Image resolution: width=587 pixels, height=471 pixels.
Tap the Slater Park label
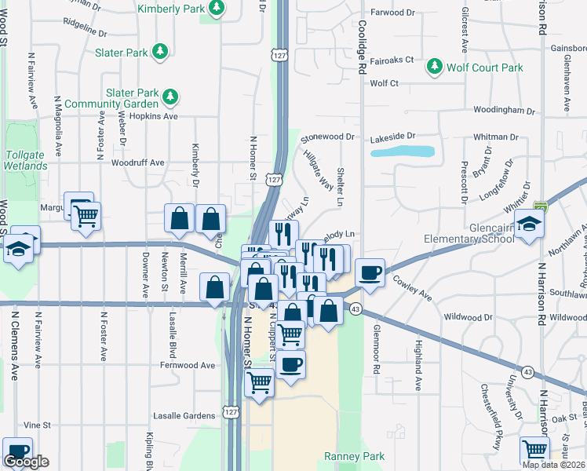click(121, 53)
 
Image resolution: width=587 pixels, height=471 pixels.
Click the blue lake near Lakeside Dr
click(402, 151)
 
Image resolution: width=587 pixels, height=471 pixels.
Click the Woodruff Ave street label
click(137, 162)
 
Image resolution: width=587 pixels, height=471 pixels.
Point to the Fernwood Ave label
click(187, 365)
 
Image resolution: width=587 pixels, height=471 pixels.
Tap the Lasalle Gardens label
click(184, 415)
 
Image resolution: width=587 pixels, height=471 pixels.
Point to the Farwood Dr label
click(392, 13)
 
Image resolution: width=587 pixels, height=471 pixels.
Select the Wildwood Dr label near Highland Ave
click(468, 317)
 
